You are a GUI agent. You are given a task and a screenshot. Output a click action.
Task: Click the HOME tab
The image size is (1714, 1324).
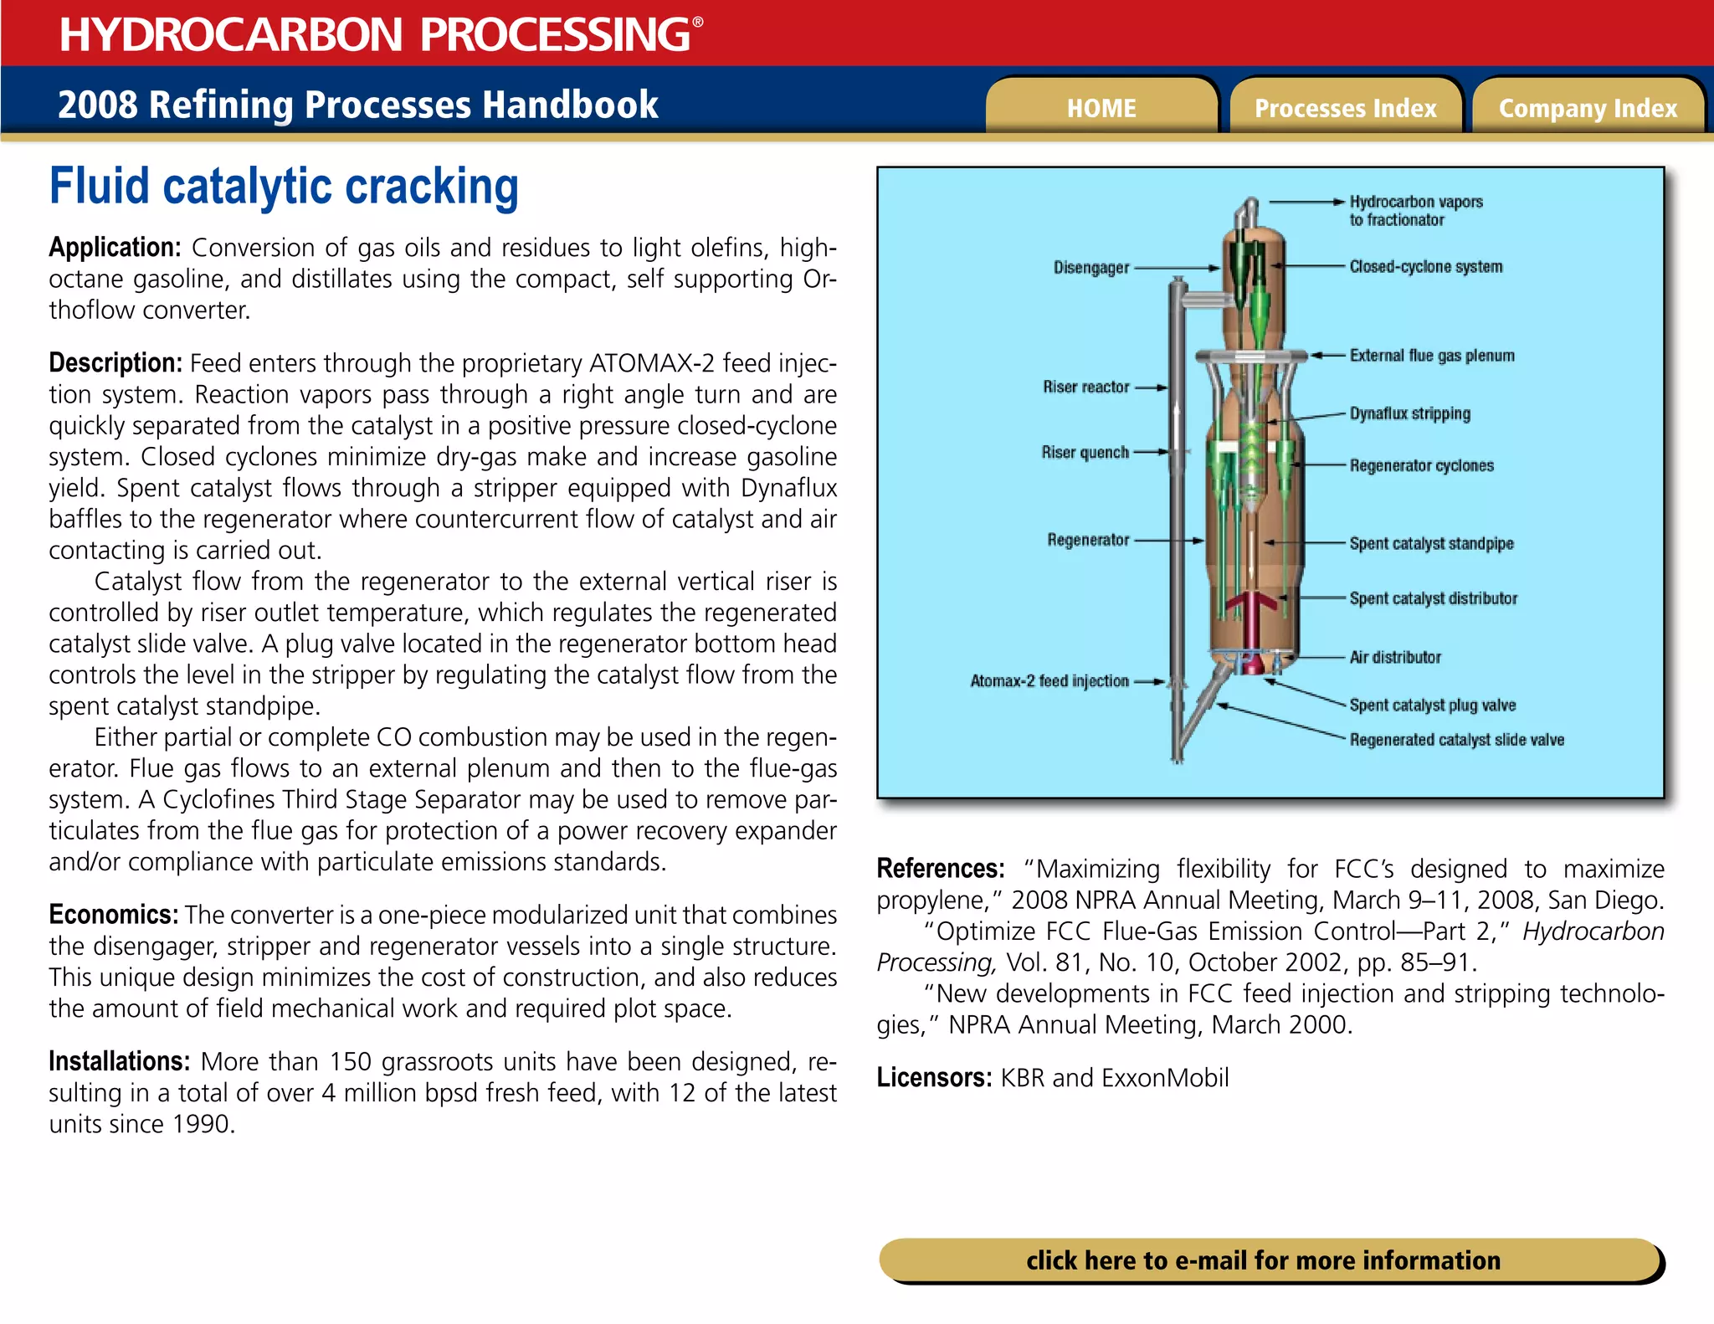(1101, 108)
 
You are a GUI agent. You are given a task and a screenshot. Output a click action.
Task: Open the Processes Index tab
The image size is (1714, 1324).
(1345, 108)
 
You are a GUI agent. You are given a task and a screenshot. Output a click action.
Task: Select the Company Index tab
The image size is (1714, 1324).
(1588, 108)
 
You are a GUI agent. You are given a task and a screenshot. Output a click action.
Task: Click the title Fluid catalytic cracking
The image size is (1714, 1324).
(284, 186)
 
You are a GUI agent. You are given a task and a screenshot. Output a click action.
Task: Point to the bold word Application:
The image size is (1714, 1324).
(115, 248)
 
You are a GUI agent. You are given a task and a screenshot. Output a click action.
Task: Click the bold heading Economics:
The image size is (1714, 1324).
(113, 914)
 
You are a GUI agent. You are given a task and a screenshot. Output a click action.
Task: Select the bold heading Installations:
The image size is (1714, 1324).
(119, 1061)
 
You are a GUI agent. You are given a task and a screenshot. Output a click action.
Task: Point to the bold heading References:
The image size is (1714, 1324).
(940, 869)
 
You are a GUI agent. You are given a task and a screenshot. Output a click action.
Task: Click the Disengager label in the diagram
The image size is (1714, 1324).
(1090, 268)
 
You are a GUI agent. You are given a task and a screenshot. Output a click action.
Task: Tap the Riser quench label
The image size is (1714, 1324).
(1085, 453)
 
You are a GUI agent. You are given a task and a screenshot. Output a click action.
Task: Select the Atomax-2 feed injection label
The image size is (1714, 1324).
(1049, 681)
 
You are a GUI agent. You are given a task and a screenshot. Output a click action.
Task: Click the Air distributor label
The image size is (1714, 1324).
(1395, 657)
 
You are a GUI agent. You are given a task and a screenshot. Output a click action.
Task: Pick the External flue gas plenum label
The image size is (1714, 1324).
(1431, 356)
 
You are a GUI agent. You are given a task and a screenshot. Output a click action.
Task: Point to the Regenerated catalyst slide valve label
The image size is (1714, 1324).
(1456, 740)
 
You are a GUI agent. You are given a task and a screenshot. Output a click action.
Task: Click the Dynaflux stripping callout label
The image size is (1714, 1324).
(1409, 413)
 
